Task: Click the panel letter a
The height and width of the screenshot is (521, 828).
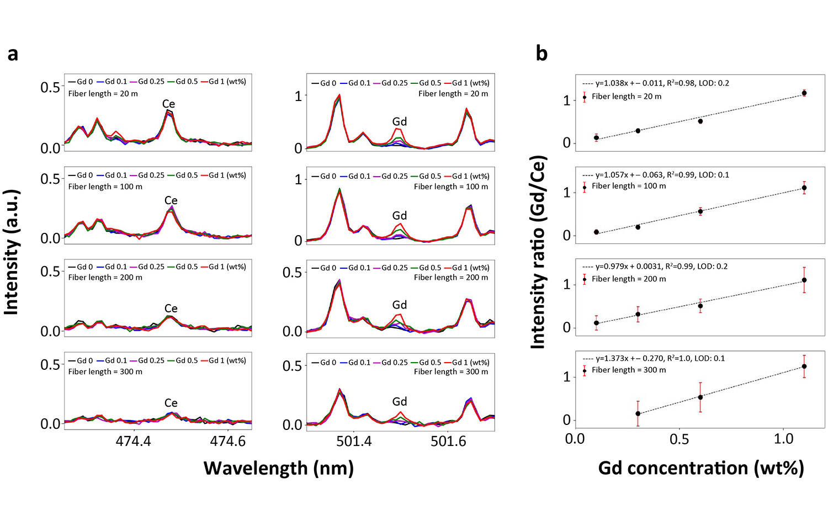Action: [x=13, y=55]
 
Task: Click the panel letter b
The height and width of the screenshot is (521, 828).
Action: [x=542, y=54]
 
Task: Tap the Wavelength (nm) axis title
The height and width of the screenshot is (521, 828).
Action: [x=278, y=469]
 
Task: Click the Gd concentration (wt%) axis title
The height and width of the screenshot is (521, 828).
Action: [x=700, y=469]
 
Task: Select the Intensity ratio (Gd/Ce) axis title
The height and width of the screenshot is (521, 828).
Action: [x=538, y=252]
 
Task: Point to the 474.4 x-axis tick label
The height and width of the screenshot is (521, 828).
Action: [x=134, y=442]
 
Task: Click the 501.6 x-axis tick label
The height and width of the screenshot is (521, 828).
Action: [x=448, y=442]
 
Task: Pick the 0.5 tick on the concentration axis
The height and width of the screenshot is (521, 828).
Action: [x=679, y=439]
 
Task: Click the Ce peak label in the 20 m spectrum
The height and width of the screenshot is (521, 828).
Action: [x=168, y=104]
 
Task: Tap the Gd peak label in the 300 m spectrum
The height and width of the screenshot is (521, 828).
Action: [x=399, y=402]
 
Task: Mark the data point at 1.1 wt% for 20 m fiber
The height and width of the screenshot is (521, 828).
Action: [x=804, y=93]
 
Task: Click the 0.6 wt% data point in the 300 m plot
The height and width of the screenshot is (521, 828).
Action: [x=700, y=397]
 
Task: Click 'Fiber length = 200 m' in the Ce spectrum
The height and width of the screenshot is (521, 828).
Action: [x=105, y=278]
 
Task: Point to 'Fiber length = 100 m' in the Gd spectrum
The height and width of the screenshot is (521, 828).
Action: [x=451, y=187]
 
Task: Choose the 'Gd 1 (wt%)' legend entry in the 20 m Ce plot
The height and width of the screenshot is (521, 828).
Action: [x=227, y=82]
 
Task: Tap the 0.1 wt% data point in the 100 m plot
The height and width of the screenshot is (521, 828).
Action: [x=596, y=232]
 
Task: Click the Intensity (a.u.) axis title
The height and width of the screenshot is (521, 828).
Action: [x=12, y=252]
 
